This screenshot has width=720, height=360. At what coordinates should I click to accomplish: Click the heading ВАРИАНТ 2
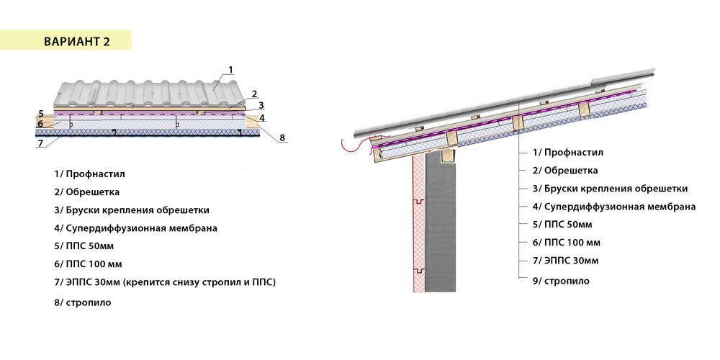pos(77,40)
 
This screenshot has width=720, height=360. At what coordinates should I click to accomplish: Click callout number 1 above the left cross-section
pos(230,70)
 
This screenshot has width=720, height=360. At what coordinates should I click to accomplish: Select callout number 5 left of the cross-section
pos(41,114)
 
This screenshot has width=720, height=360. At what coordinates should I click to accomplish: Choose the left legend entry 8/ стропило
pos(82,302)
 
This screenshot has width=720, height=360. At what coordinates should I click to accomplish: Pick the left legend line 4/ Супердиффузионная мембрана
pos(135,228)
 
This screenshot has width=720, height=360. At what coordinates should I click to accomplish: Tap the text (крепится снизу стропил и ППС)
pos(200,282)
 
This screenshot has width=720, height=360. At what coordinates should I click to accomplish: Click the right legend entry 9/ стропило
pos(561,281)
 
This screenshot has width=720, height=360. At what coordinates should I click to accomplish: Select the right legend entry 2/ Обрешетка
pos(565,171)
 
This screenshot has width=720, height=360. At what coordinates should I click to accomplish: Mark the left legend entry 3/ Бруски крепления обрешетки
pos(131,210)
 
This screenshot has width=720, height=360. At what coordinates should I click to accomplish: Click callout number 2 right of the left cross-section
pos(254,94)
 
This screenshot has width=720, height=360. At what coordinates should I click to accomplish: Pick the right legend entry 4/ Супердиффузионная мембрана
pos(614,207)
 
